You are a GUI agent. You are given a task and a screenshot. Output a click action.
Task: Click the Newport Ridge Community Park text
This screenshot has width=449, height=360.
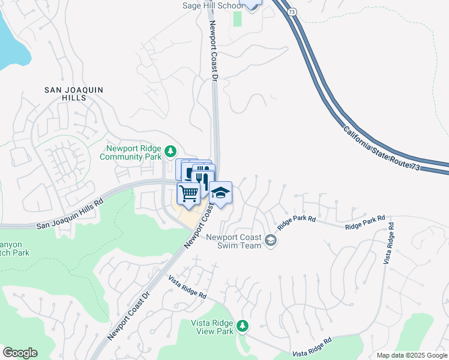134,153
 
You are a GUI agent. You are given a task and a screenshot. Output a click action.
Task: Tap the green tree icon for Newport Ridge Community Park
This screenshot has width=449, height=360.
171,150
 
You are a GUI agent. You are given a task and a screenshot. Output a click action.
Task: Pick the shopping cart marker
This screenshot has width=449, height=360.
188,194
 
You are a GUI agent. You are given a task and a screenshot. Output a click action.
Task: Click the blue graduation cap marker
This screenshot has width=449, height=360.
220,193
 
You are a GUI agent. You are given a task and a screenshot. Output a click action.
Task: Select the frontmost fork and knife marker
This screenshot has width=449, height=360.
202,181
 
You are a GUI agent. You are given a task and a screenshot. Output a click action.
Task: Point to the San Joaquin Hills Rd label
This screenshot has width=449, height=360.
70,215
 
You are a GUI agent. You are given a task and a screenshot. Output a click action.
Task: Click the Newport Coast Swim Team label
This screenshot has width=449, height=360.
234,241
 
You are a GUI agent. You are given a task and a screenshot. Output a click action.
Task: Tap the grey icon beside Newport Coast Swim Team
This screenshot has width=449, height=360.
271,241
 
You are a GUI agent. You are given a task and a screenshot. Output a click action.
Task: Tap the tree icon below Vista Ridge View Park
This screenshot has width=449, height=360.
242,326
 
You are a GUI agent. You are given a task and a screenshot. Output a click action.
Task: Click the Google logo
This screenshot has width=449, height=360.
20,353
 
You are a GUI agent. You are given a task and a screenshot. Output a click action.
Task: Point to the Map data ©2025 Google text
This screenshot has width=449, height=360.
411,355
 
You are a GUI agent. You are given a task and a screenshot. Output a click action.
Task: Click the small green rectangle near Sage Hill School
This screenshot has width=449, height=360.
237,19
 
